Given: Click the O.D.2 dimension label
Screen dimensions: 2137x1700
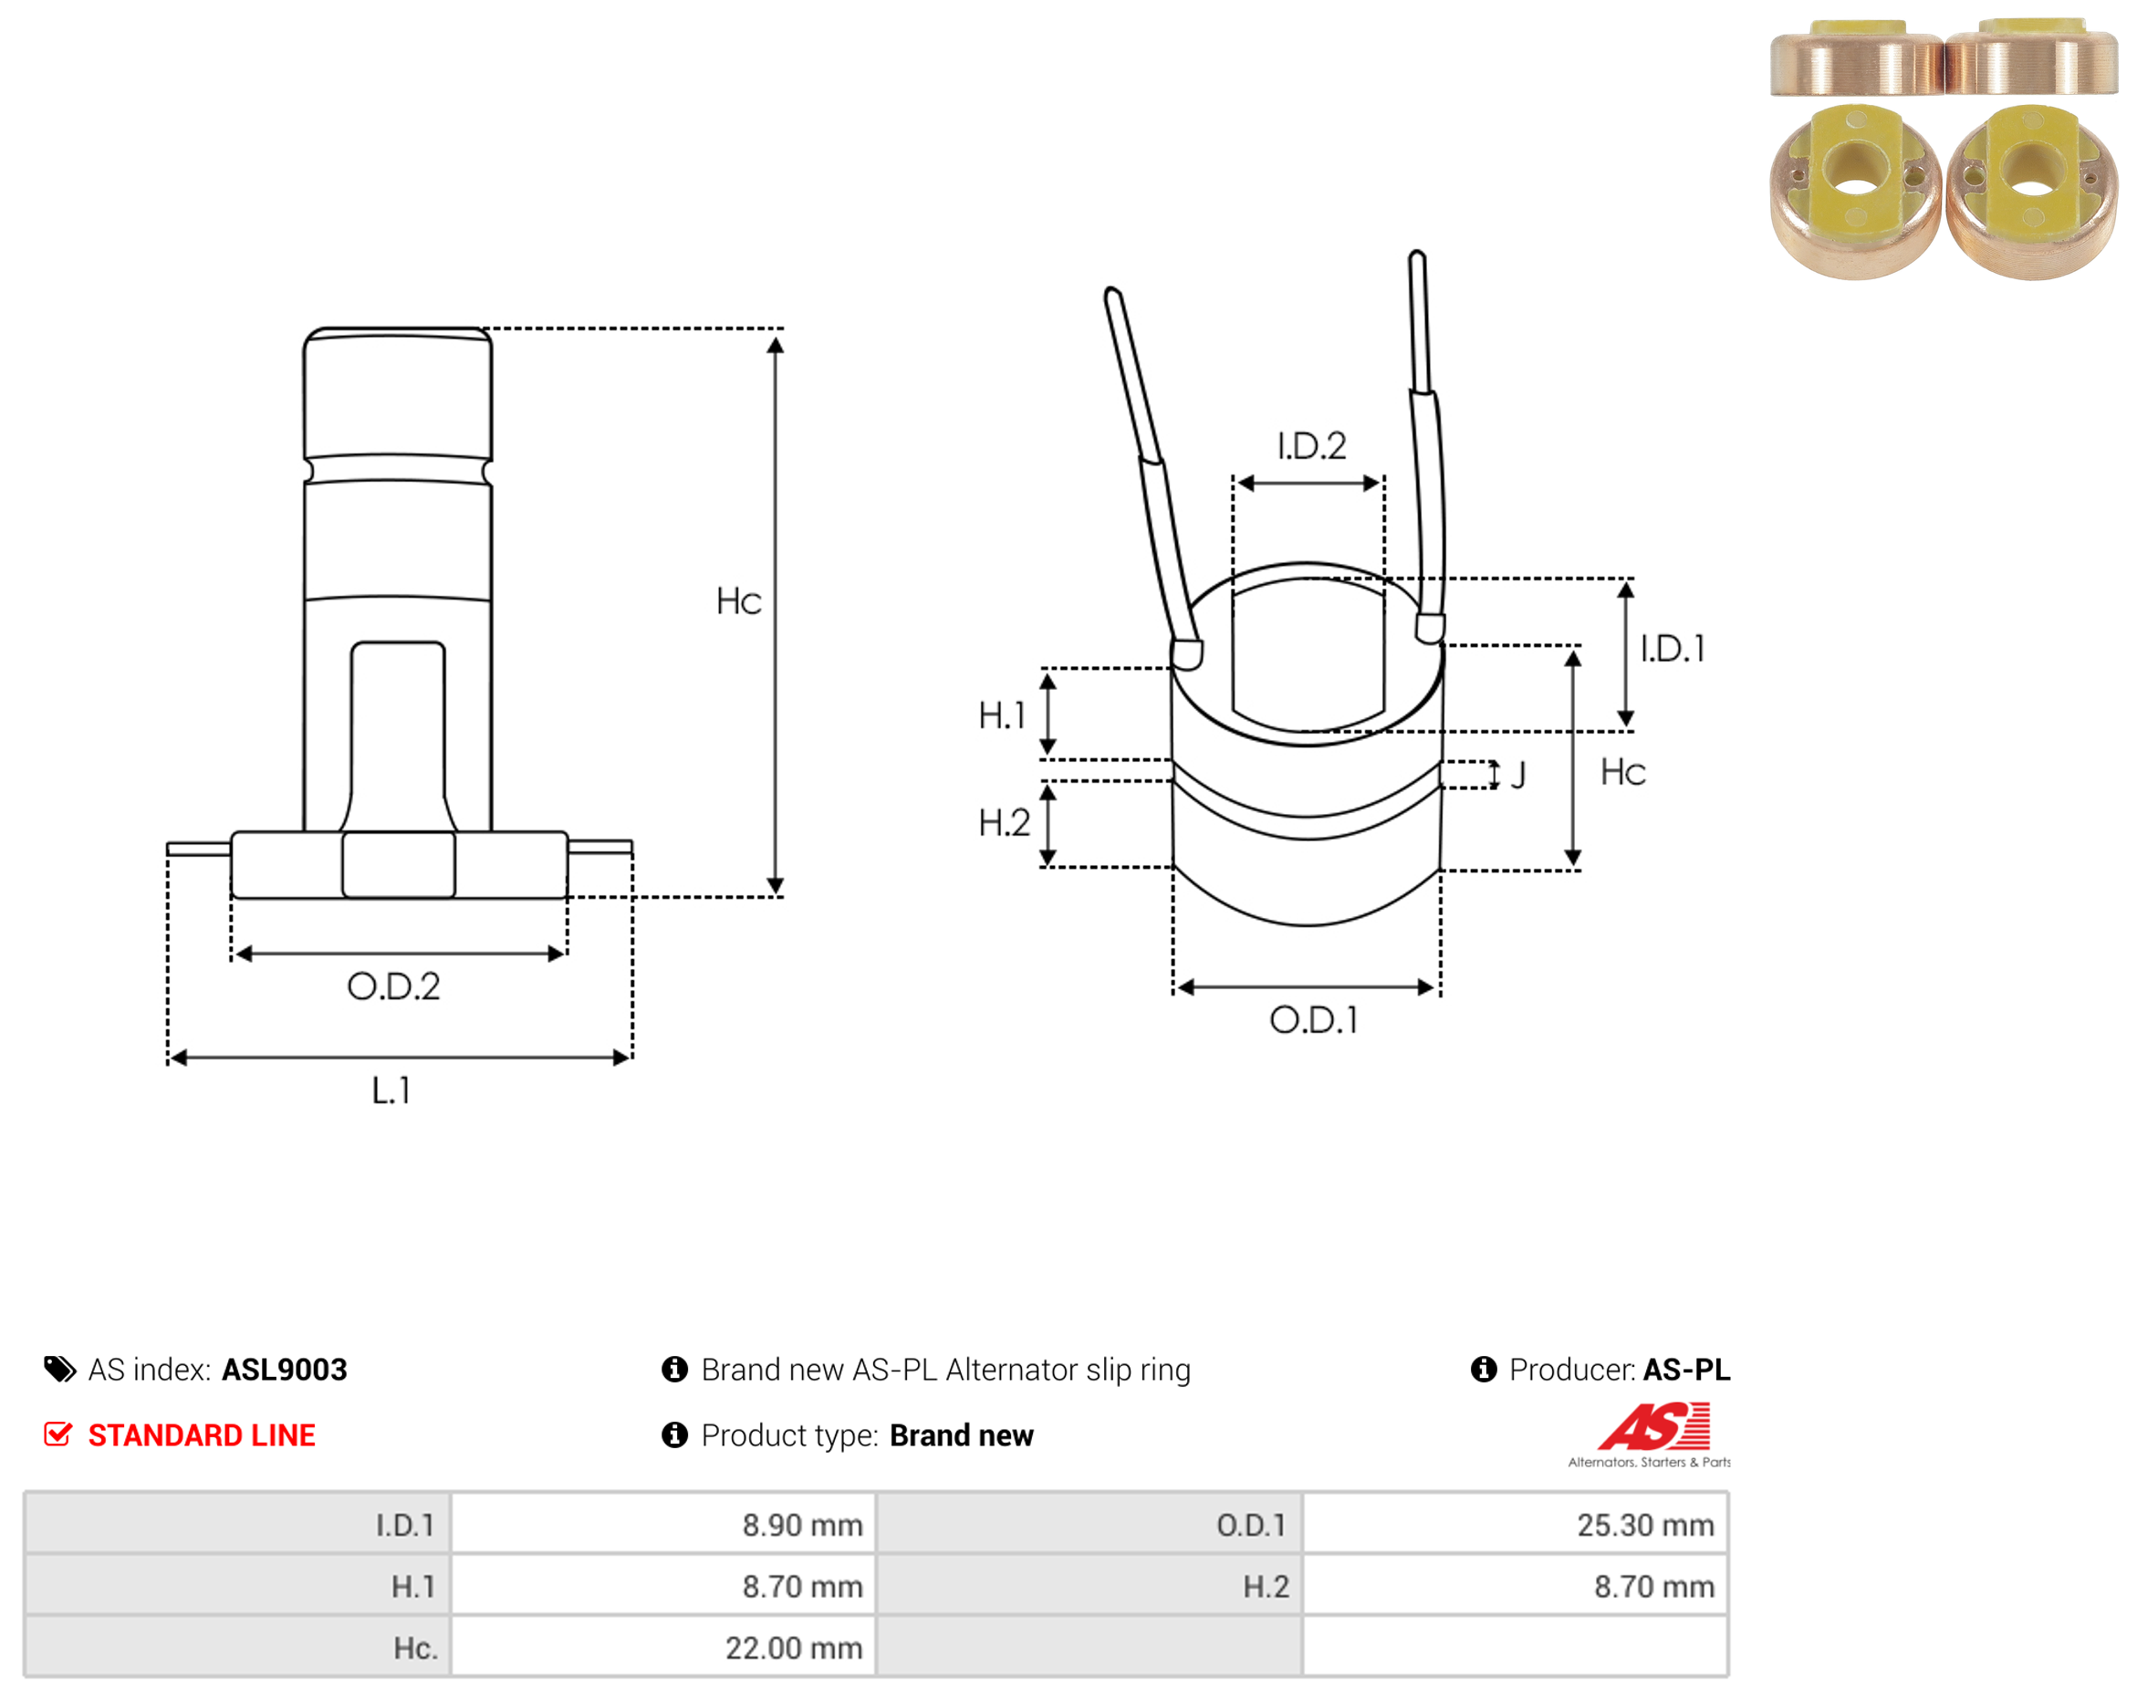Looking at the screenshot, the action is tap(393, 986).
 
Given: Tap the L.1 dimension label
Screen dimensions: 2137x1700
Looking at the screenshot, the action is tap(391, 1090).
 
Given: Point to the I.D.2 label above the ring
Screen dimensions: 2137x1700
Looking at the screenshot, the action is tap(1311, 446).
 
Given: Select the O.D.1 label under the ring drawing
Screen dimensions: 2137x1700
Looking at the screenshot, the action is tap(1313, 1020).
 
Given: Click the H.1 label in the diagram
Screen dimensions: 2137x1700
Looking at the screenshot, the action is tap(1001, 715).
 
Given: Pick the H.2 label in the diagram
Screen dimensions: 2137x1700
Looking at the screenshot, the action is tap(1003, 823).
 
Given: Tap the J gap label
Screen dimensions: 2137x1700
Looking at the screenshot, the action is tap(1517, 775).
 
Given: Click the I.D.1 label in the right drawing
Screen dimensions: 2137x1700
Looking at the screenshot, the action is tap(1673, 650).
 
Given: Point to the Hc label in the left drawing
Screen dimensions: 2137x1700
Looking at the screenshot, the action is tap(738, 601).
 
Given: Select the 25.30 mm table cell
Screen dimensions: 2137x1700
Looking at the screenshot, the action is tap(1645, 1525).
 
